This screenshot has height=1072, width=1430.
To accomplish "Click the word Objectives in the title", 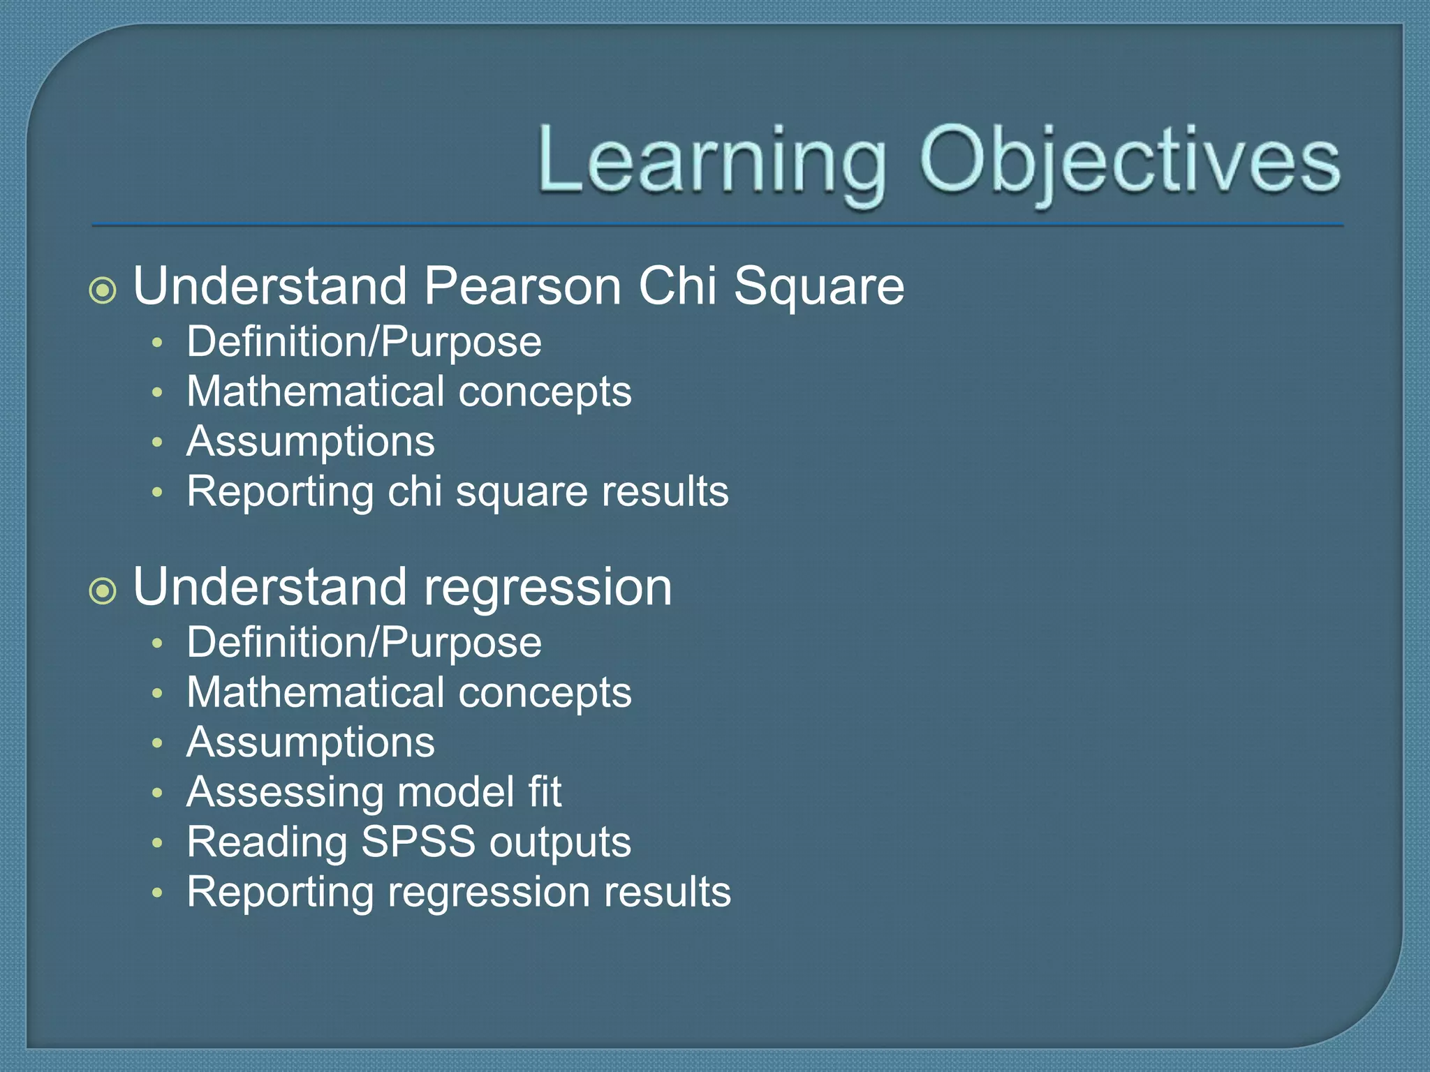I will click(1130, 162).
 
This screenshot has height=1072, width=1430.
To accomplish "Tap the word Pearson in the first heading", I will click(522, 286).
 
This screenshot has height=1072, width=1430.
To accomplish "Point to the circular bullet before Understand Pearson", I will click(103, 290).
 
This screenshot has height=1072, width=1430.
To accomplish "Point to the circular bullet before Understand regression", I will click(103, 591).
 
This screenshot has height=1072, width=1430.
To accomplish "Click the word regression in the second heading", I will click(547, 588).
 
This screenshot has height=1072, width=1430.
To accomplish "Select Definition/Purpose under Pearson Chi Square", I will click(364, 342).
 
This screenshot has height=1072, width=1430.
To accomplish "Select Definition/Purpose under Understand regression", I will click(364, 643).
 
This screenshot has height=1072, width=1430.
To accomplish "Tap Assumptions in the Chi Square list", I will click(311, 442).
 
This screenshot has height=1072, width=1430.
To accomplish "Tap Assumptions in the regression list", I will click(311, 743).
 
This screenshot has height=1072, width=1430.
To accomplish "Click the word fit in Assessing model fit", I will click(545, 792).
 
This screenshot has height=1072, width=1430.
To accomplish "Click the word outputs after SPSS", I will click(560, 843).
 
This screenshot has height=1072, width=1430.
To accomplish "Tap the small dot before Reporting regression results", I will click(158, 892).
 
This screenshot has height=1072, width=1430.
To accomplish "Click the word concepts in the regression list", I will click(545, 693).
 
